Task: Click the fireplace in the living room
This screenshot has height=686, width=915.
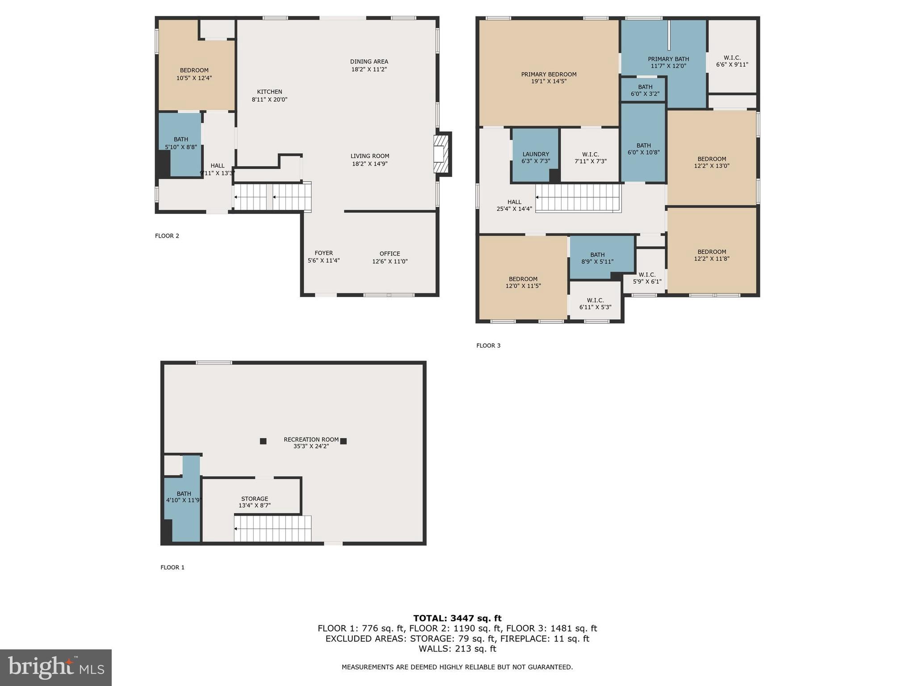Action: [440, 155]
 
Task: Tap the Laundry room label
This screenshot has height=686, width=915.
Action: [535, 155]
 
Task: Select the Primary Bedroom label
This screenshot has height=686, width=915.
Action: [549, 75]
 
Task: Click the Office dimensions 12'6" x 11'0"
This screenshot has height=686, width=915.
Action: [390, 261]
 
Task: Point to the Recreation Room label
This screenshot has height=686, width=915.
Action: [311, 439]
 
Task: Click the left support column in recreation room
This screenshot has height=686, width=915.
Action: [263, 441]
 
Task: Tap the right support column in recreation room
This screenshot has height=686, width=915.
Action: [343, 441]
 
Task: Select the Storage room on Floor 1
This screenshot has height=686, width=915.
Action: [254, 499]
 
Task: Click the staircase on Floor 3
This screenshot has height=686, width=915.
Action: [578, 198]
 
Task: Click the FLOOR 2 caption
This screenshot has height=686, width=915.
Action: [167, 236]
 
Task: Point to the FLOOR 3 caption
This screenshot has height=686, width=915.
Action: [488, 345]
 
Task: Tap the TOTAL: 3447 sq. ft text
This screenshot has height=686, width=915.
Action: [457, 618]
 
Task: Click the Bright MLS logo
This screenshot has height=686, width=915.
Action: [56, 668]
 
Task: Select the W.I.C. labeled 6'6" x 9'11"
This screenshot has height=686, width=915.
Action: [732, 61]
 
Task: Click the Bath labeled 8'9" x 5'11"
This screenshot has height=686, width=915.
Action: [597, 258]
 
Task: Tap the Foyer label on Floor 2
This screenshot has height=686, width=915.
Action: [323, 253]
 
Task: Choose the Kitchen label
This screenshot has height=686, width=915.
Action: [269, 92]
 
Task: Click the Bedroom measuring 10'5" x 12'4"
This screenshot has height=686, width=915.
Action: [194, 74]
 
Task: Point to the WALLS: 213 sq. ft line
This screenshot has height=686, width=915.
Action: [457, 648]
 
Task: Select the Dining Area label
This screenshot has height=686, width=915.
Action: [369, 62]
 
